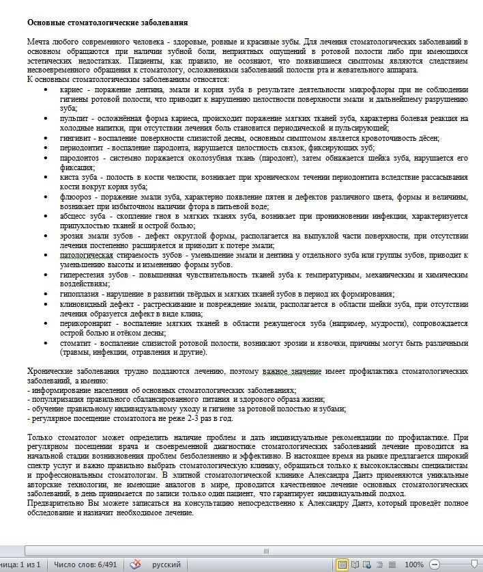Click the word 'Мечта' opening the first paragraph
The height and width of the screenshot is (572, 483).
pyautogui.click(x=38, y=42)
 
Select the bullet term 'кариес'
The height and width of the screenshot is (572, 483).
pyautogui.click(x=72, y=90)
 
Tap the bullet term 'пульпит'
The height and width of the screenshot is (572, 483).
pyautogui.click(x=74, y=118)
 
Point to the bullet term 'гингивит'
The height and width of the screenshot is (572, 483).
pyautogui.click(x=75, y=137)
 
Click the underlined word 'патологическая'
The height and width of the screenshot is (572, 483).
pyautogui.click(x=86, y=255)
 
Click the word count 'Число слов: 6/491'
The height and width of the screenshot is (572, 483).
pyautogui.click(x=85, y=565)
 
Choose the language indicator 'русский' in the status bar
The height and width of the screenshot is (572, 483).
pyautogui.click(x=166, y=565)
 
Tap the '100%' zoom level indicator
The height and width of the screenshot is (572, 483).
pyautogui.click(x=414, y=565)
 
